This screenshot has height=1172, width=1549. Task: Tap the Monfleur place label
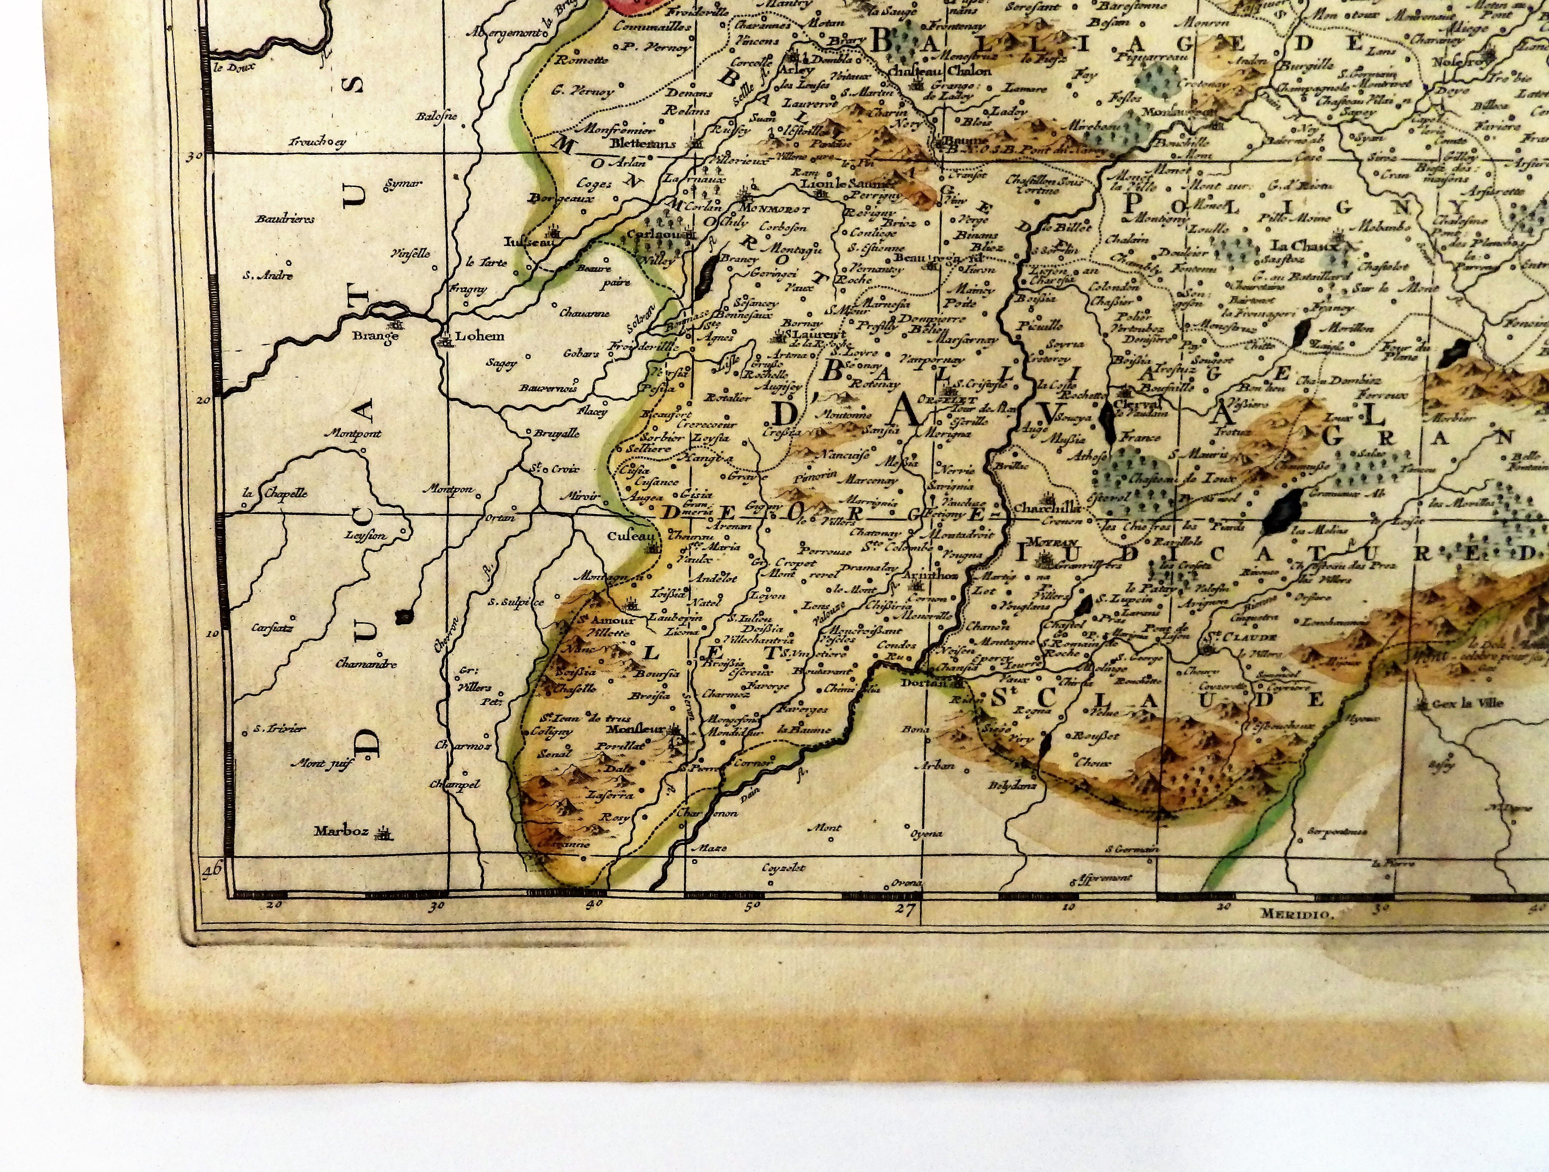pyautogui.click(x=637, y=728)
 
